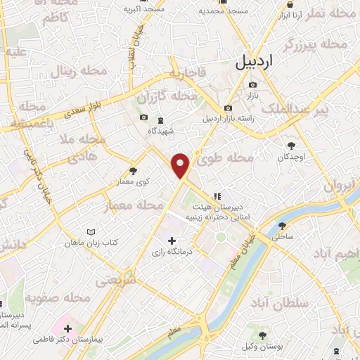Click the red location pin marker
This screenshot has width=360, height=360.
click(181, 165)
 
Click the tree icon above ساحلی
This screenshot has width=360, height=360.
click(283, 226)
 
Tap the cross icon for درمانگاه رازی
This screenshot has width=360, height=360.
click(172, 241)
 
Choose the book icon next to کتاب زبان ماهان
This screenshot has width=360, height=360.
click(90, 232)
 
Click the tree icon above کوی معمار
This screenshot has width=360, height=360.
click(134, 171)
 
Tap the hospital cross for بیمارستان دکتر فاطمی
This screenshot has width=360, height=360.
click(67, 328)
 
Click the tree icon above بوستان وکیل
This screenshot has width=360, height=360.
click(263, 337)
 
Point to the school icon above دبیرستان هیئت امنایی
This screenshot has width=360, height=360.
click(218, 195)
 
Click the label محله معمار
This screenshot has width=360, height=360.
click(128, 207)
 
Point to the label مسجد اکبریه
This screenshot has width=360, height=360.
click(144, 9)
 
